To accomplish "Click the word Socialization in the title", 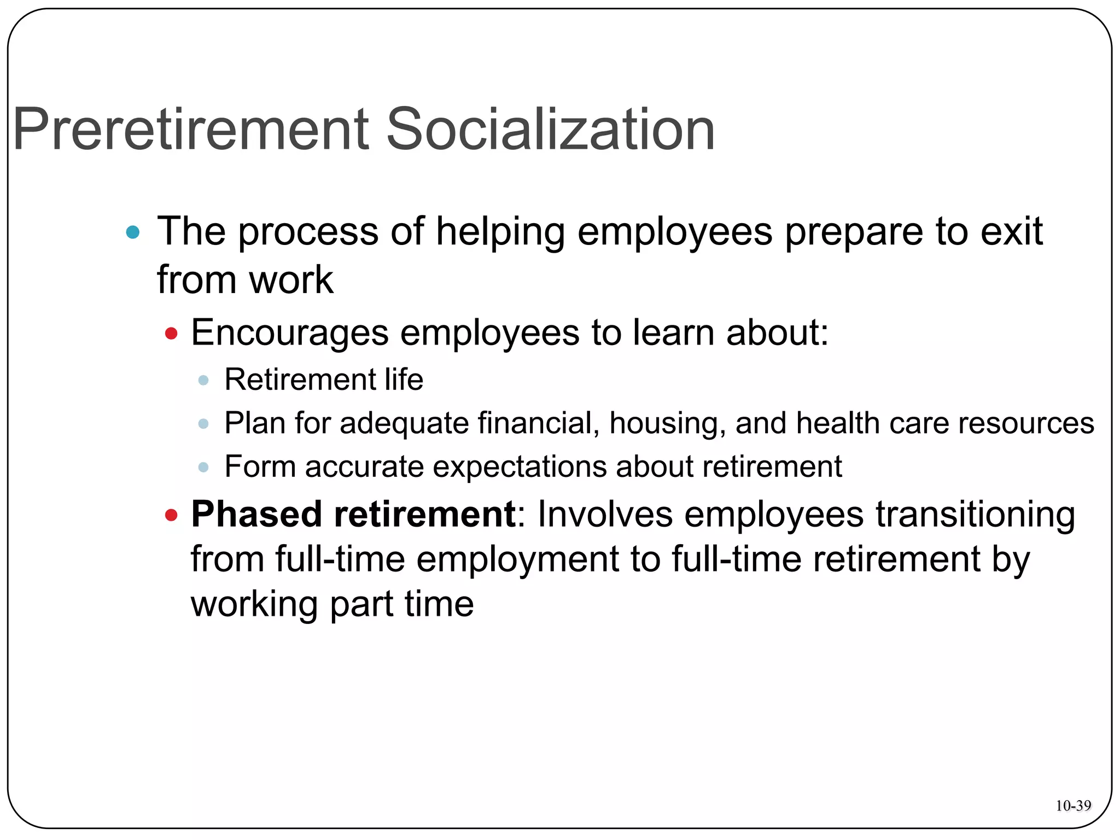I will point(550,130).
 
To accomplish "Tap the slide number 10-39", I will point(1073,806).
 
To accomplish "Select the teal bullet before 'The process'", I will point(132,232).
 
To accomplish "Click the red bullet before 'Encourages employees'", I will point(171,333).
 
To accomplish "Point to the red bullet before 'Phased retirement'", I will point(171,515).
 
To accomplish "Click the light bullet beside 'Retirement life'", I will point(203,380).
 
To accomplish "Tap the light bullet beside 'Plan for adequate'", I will point(203,424).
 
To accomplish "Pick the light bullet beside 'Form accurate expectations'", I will point(203,467).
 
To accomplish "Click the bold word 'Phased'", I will point(256,515).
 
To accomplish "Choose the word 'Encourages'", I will point(289,332).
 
